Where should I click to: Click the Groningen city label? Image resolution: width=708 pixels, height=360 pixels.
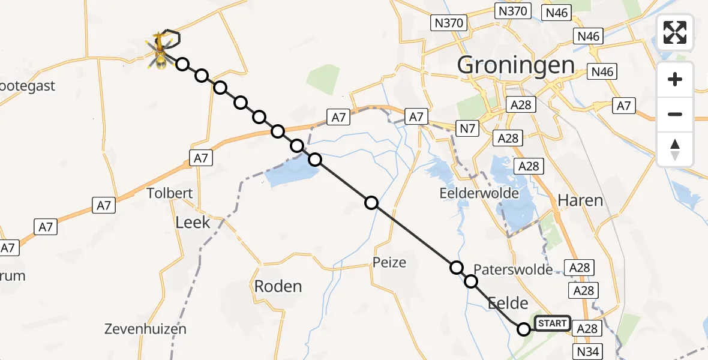pyautogui.click(x=516, y=65)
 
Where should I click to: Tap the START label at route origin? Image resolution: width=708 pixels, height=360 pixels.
pyautogui.click(x=552, y=324)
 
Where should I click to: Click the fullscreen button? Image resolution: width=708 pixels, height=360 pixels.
pyautogui.click(x=675, y=32)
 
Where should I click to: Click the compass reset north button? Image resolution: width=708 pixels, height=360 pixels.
pyautogui.click(x=675, y=149)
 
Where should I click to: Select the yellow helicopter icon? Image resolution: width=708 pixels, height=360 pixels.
pyautogui.click(x=160, y=50)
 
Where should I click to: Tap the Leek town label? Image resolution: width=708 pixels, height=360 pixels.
pyautogui.click(x=193, y=223)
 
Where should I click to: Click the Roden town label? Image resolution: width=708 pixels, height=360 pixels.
pyautogui.click(x=278, y=286)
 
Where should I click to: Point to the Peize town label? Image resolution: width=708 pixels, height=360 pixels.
pyautogui.click(x=389, y=262)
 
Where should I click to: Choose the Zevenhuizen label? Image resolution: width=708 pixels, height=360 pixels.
pyautogui.click(x=145, y=329)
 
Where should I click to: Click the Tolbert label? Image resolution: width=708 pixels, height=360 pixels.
pyautogui.click(x=171, y=193)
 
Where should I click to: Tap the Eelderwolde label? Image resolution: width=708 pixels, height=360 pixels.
pyautogui.click(x=479, y=194)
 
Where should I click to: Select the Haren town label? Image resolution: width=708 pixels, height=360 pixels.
pyautogui.click(x=580, y=200)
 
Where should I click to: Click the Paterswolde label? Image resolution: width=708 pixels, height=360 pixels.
pyautogui.click(x=513, y=270)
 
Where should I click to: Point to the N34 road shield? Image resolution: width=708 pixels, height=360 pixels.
pyautogui.click(x=589, y=352)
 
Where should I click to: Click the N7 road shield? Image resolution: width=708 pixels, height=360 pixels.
pyautogui.click(x=468, y=128)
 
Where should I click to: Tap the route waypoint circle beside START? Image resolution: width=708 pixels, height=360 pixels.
pyautogui.click(x=524, y=329)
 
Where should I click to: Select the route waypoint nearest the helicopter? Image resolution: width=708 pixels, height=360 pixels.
pyautogui.click(x=182, y=64)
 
